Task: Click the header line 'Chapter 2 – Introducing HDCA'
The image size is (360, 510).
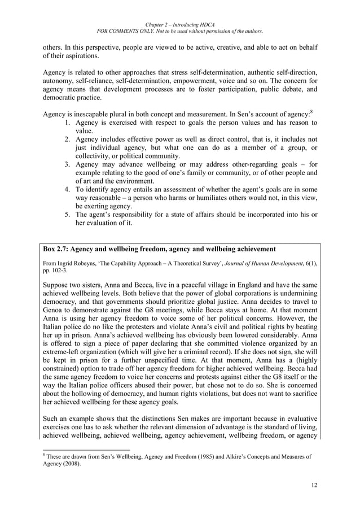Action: point(180,25)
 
